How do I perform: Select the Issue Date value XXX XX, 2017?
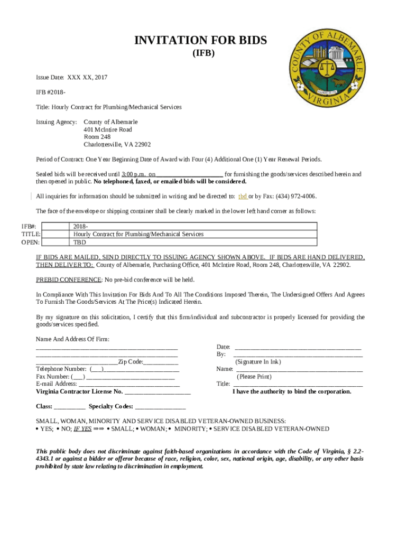pyautogui.click(x=87, y=78)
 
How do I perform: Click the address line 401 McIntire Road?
pyautogui.click(x=108, y=129)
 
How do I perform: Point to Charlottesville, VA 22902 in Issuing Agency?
pyautogui.click(x=117, y=144)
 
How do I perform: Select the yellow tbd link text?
pyautogui.click(x=243, y=196)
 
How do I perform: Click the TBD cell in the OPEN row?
pyautogui.click(x=80, y=242)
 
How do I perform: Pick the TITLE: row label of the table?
pyautogui.click(x=31, y=234)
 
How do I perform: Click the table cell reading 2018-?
pyautogui.click(x=81, y=226)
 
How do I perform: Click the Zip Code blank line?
pyautogui.click(x=161, y=362)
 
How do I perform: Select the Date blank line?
pyautogui.click(x=298, y=347)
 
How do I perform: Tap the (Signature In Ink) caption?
pyautogui.click(x=258, y=362)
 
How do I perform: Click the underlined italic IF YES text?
pyautogui.click(x=82, y=429)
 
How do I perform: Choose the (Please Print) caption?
pyautogui.click(x=254, y=377)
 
